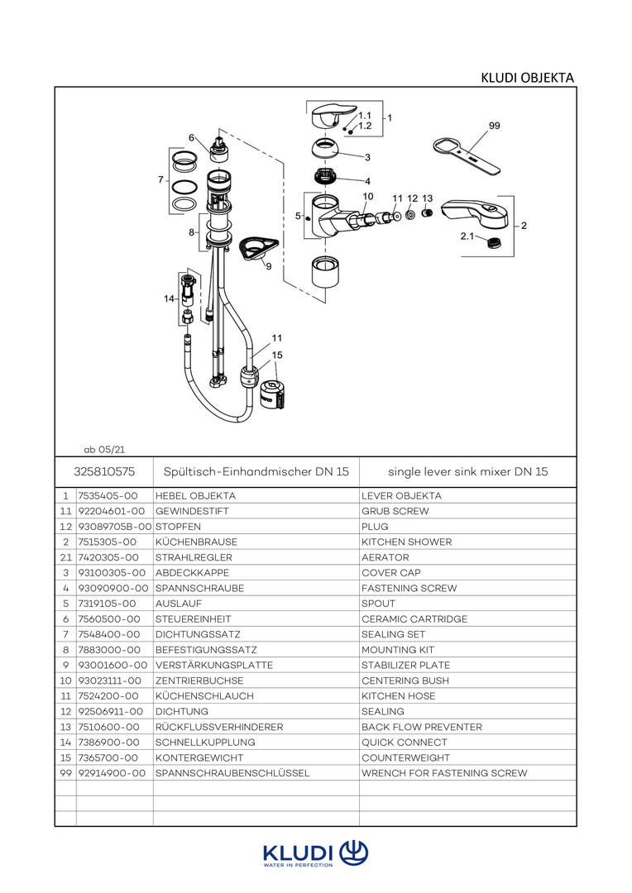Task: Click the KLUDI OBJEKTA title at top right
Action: point(527,78)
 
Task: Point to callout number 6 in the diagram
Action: point(191,137)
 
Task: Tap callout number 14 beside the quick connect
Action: point(169,298)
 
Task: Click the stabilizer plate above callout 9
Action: point(252,246)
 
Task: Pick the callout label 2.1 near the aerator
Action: point(467,236)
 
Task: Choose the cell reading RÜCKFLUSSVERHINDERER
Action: point(219,727)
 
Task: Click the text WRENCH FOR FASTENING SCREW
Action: point(444,773)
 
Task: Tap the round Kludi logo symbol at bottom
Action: point(354,852)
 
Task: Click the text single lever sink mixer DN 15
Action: point(467,472)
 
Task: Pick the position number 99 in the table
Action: point(65,773)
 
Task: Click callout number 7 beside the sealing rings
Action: point(160,179)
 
